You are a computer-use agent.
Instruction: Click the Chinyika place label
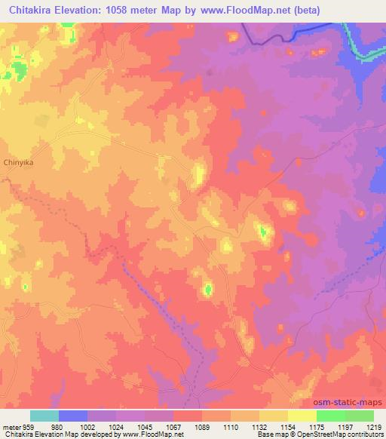point(20,162)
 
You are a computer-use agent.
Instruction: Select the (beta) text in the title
point(308,10)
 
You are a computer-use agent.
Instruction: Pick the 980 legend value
point(56,427)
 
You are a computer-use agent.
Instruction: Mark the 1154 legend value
point(289,427)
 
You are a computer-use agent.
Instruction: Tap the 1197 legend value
point(346,427)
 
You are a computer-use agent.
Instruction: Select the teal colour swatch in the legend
point(44,416)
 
